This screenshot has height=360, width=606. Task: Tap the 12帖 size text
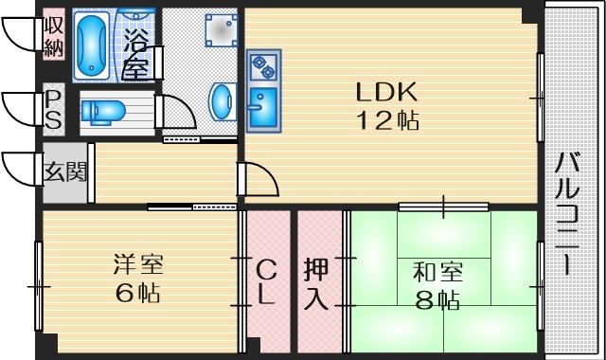point(387,120)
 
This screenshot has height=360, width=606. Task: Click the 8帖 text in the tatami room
point(437,301)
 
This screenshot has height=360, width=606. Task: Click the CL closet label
point(267,281)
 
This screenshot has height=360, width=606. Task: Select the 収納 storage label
point(53,36)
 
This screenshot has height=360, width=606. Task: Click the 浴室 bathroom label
point(136,54)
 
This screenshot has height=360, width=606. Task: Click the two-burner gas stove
point(262,66)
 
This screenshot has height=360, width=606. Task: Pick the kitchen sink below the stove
point(261,107)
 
